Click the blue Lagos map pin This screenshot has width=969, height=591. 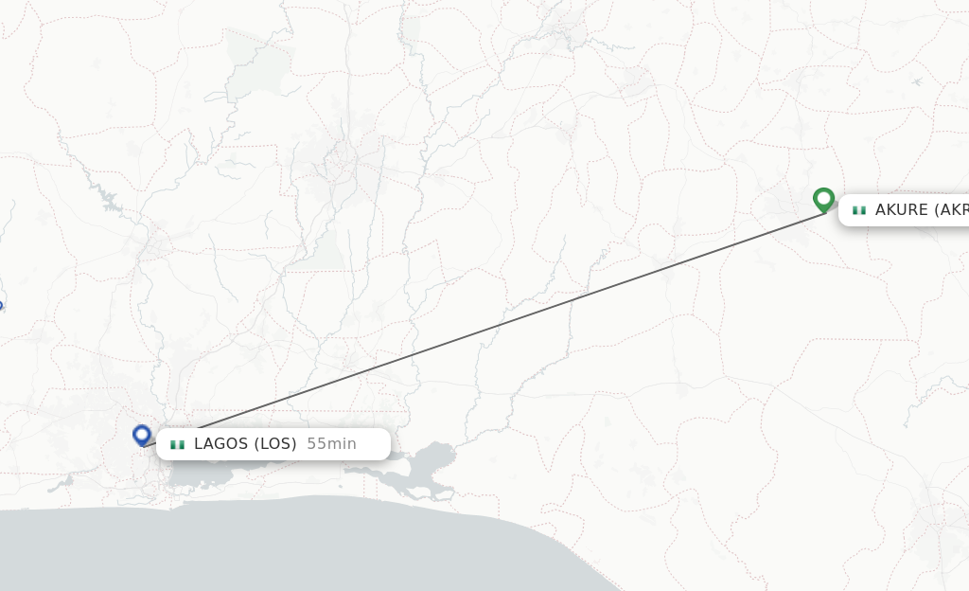[142, 436]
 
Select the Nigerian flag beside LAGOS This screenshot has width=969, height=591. [177, 444]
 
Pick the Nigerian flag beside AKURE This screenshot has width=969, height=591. [858, 210]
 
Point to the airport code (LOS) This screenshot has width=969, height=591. [276, 444]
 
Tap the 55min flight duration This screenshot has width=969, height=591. [331, 444]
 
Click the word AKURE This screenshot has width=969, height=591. [902, 210]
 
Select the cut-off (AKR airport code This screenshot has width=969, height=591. [952, 210]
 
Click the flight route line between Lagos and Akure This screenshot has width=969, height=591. [492, 327]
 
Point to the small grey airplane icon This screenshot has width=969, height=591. [916, 81]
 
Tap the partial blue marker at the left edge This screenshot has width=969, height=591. [1, 306]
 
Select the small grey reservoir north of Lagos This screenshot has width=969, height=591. [110, 202]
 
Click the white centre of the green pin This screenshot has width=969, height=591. [823, 198]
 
